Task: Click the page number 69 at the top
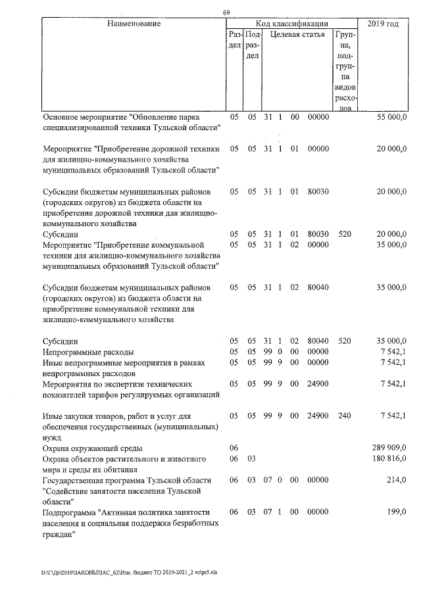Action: click(226, 13)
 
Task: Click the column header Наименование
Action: click(134, 24)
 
